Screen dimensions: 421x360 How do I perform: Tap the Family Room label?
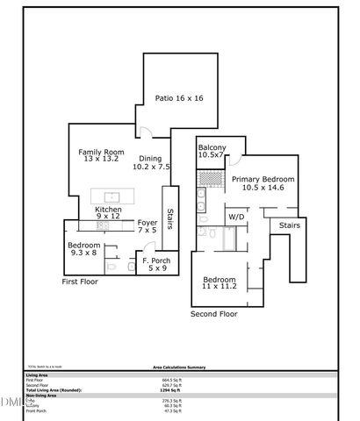pos(97,155)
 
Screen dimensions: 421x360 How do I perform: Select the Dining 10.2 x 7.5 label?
pos(152,162)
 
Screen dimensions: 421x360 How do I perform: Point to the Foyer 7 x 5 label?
pos(148,227)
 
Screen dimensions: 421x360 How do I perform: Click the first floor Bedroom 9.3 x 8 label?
pos(84,248)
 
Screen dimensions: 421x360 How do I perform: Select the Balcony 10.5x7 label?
pos(212,151)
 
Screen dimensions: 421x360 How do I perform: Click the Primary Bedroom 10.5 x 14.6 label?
pos(263,183)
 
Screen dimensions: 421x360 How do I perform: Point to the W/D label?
pos(236,216)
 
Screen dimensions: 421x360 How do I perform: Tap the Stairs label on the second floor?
pos(290,225)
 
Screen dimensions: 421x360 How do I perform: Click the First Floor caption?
pos(80,282)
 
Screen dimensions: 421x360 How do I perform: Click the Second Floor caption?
pos(214,313)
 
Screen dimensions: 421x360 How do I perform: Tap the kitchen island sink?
pos(112,196)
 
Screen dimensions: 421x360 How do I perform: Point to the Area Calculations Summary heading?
pos(179,368)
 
